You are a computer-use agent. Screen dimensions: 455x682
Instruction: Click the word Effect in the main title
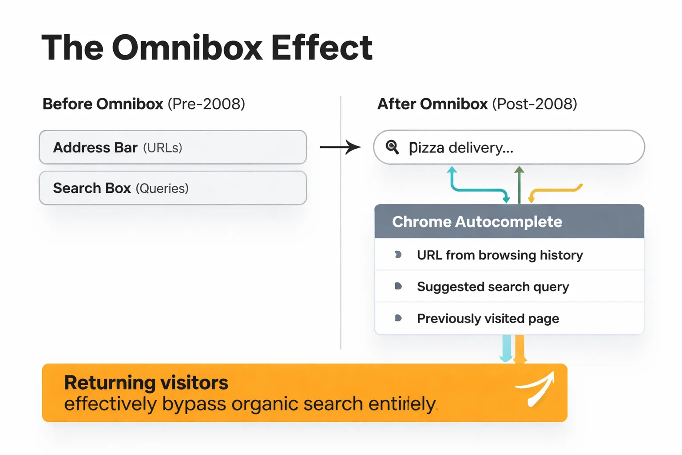click(x=321, y=48)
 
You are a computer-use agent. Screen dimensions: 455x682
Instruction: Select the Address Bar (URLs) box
click(x=173, y=148)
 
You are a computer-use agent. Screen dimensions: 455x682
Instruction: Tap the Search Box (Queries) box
click(x=173, y=188)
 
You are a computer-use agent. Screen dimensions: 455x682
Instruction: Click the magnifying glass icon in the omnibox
click(x=392, y=147)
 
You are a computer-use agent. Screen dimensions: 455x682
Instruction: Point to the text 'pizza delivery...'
click(x=461, y=148)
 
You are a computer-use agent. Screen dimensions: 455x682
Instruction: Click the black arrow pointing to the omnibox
click(x=340, y=147)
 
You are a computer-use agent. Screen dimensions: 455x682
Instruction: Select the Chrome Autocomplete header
click(x=509, y=222)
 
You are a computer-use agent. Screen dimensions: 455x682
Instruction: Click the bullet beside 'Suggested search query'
click(x=398, y=286)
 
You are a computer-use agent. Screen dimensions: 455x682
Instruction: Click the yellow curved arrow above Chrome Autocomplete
click(x=555, y=191)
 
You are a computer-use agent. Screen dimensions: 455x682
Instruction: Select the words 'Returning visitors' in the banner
click(x=146, y=383)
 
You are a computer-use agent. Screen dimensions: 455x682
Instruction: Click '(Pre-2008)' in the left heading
click(x=206, y=104)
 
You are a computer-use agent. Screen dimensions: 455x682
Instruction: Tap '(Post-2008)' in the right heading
click(x=535, y=104)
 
